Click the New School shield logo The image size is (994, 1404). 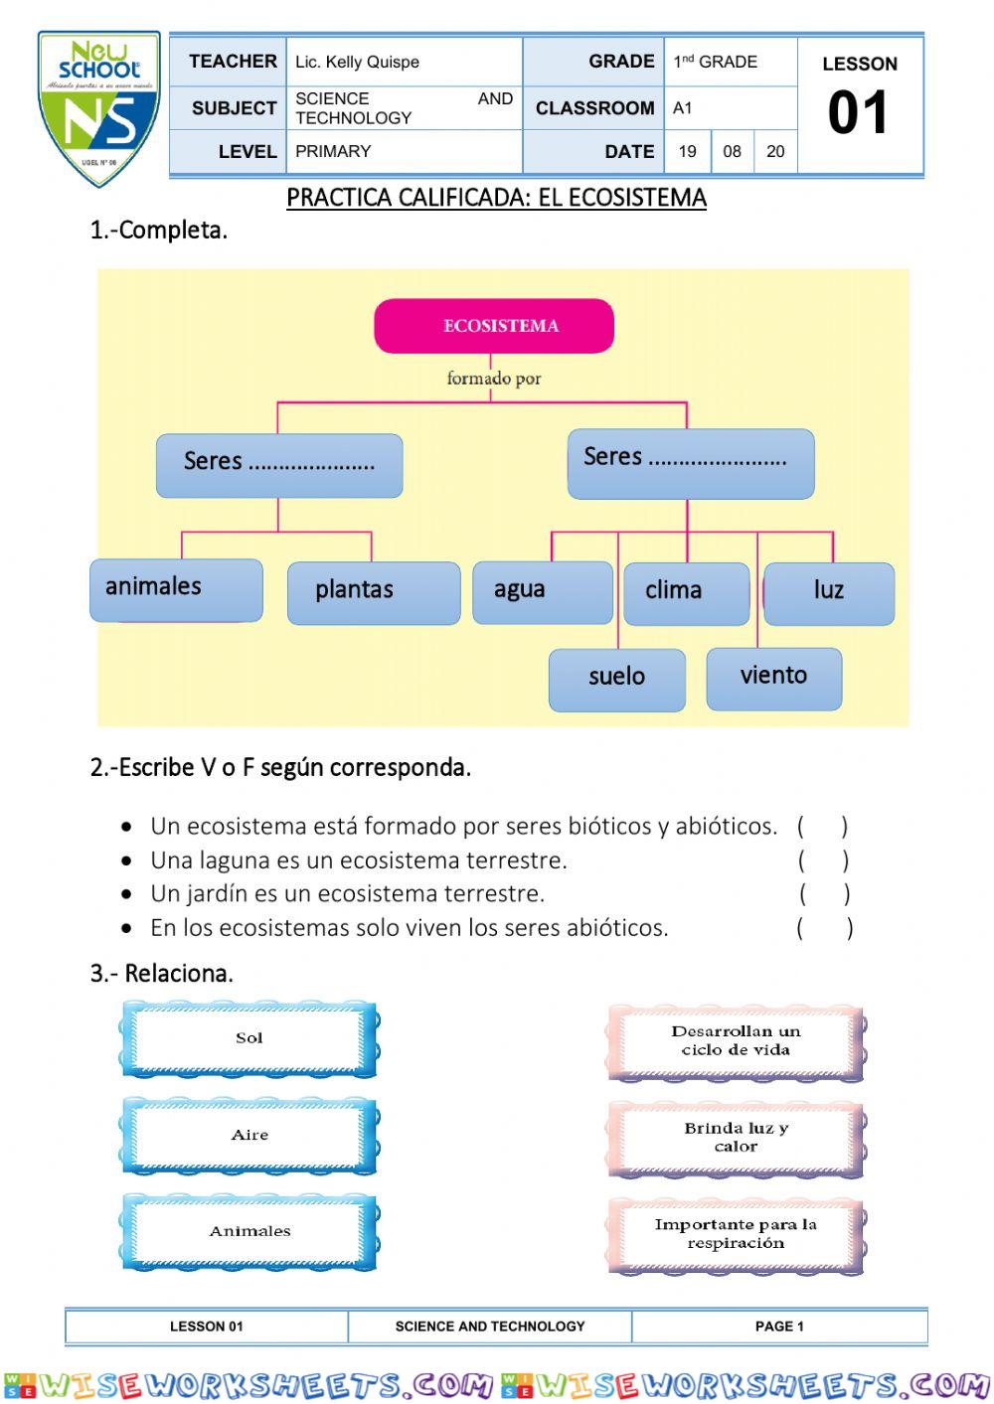click(98, 108)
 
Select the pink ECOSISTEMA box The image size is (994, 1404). click(494, 326)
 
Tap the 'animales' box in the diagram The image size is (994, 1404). click(176, 590)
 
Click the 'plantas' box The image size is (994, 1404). click(374, 593)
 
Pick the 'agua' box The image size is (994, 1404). click(543, 592)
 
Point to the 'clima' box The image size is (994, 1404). click(687, 593)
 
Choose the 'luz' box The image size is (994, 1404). click(829, 593)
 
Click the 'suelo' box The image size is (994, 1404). click(617, 680)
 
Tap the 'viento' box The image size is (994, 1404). click(774, 679)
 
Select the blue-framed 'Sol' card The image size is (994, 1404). click(249, 1039)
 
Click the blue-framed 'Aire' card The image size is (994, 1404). click(249, 1136)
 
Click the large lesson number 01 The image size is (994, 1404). click(858, 113)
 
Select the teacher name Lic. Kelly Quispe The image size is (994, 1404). click(357, 62)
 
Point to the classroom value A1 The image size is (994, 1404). click(682, 108)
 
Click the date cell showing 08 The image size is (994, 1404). click(732, 152)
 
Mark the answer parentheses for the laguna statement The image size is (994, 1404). click(823, 861)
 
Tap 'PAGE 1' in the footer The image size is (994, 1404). click(779, 1326)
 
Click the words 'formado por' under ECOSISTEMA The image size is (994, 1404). click(494, 379)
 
